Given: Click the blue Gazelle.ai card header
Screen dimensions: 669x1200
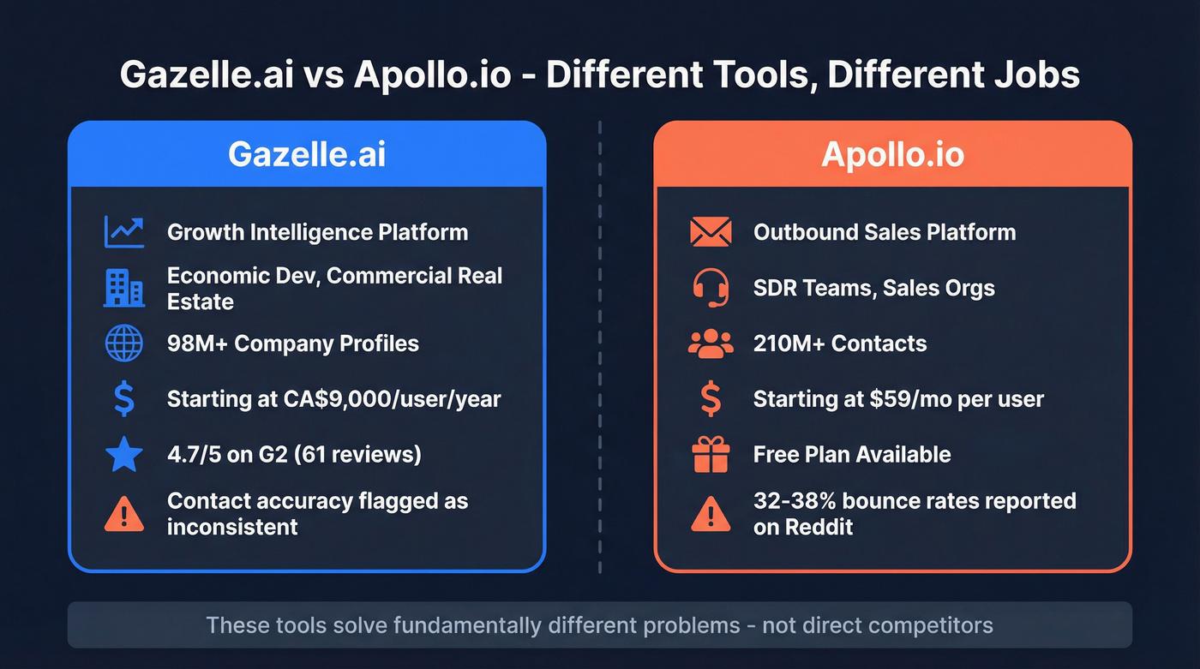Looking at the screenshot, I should point(306,154).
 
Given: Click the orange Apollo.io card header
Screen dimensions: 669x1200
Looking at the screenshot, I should point(892,154).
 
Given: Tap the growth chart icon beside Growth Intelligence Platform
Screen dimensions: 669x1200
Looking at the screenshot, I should point(123,232).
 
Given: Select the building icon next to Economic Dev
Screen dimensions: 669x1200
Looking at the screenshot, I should point(123,289).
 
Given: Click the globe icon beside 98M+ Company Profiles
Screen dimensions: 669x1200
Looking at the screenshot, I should point(123,343).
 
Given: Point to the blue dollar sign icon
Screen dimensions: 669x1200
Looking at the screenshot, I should point(123,399).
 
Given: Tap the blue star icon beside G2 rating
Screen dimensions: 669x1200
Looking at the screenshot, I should point(123,455).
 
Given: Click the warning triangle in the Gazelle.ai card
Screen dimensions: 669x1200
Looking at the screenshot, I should point(123,514).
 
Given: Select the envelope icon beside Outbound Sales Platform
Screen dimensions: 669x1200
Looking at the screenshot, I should point(711,232).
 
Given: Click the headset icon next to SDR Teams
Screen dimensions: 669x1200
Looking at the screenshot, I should point(711,288).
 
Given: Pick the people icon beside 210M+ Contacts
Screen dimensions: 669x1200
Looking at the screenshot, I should point(711,343).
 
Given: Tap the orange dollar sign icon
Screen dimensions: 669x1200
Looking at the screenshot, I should point(711,399).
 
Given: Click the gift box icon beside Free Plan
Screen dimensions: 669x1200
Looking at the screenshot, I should point(711,455).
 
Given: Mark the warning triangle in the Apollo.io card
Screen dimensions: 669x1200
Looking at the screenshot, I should point(711,514).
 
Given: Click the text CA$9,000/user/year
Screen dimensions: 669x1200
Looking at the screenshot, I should point(393,399).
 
